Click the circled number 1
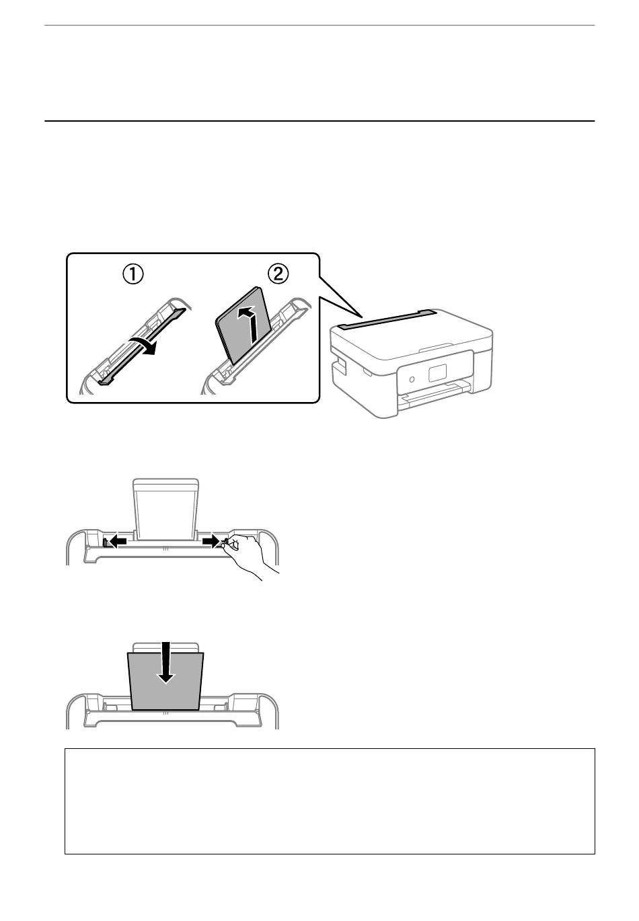pos(133,274)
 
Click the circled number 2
pos(278,274)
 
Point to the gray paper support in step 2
pos(243,325)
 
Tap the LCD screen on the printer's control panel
pos(437,373)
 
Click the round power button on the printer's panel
pos(412,379)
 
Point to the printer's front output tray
pos(436,394)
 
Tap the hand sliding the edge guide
pos(247,557)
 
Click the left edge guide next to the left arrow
pos(106,543)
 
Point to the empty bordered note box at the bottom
pos(330,801)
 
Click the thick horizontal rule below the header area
pos(319,121)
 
